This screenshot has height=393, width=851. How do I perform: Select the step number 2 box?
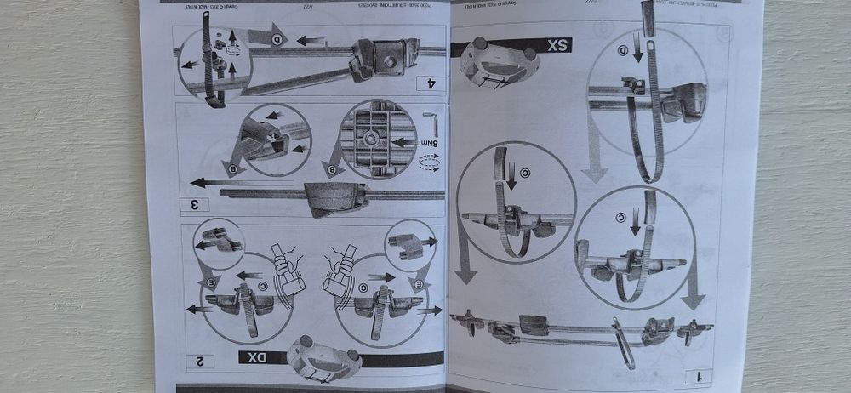tap(201, 362)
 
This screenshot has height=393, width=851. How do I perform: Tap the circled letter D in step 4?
tap(277, 40)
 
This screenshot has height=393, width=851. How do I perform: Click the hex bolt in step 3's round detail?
tap(373, 137)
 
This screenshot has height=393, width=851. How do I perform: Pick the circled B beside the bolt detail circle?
tap(334, 168)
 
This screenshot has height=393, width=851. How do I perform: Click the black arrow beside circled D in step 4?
tap(310, 40)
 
